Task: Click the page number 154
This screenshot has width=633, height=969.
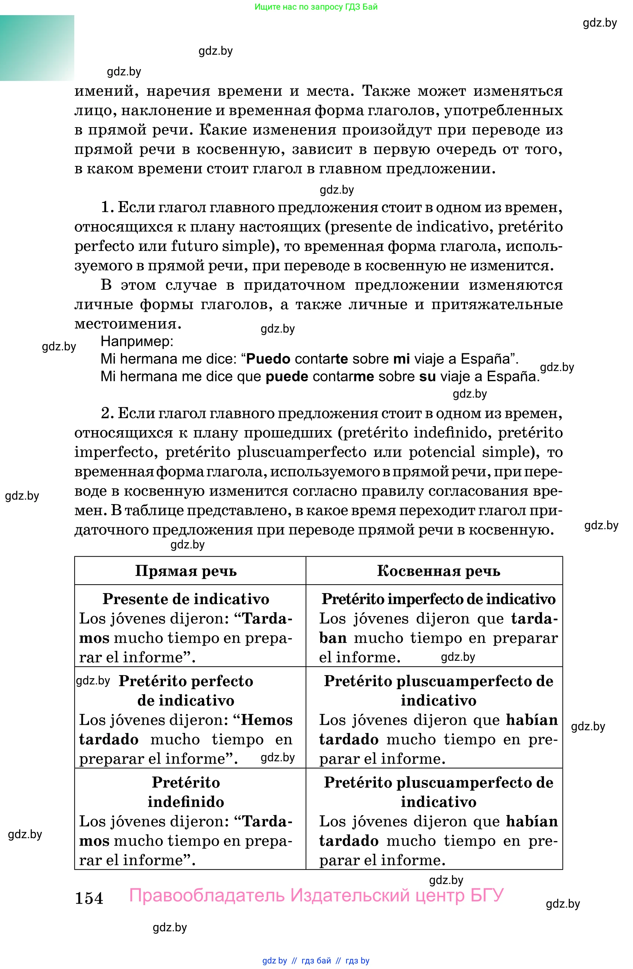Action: [89, 898]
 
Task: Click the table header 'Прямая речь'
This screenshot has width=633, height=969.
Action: [186, 571]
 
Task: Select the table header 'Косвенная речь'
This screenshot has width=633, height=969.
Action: [438, 571]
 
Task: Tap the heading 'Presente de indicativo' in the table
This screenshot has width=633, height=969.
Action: [186, 599]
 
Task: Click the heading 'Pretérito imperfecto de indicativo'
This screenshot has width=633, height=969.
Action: [438, 599]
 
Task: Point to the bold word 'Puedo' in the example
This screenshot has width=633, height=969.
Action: [268, 359]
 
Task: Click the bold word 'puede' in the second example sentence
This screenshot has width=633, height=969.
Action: [287, 376]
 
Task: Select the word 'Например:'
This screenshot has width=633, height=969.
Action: [137, 341]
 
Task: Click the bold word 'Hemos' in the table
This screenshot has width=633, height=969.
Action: [267, 720]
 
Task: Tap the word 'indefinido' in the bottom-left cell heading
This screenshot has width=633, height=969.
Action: [186, 802]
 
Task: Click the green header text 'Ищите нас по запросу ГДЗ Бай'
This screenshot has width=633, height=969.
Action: [316, 7]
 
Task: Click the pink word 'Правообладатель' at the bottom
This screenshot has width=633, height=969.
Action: [207, 895]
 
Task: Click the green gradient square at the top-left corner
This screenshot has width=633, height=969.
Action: [37, 48]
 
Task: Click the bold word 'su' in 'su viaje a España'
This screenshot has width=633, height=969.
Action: [427, 376]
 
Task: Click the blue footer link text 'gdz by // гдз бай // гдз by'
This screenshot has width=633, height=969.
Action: [316, 961]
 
